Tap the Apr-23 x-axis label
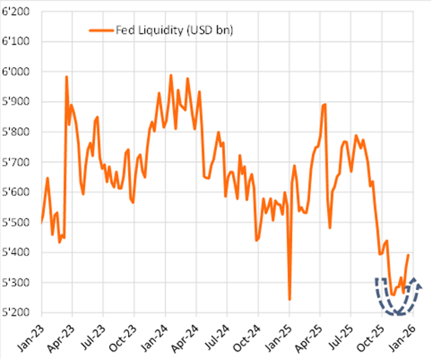[62, 333]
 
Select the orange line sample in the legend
[101, 29]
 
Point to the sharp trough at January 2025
[289, 299]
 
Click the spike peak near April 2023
[66, 77]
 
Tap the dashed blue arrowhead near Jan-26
[418, 285]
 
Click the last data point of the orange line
[409, 255]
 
